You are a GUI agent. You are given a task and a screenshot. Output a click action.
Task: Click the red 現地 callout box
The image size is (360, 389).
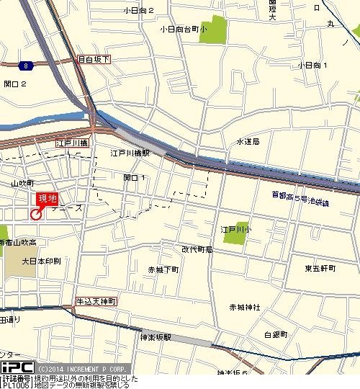pos(48,199)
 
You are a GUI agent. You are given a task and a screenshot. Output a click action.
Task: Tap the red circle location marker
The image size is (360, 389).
pos(36,214)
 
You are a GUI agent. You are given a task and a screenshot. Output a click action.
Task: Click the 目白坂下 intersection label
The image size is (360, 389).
pos(93,61)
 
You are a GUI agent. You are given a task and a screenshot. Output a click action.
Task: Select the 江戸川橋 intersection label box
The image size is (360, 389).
pos(72,144)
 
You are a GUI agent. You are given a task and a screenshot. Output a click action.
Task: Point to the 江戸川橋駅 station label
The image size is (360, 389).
pos(130,153)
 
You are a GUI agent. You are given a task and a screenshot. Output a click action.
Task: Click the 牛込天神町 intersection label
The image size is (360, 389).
pos(96,300)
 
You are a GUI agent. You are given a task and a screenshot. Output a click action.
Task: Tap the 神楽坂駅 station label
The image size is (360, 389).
pos(161,335)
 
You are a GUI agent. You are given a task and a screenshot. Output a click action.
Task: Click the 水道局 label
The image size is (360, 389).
pos(248,142)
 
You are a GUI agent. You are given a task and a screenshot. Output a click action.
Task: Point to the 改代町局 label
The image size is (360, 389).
pos(197,249)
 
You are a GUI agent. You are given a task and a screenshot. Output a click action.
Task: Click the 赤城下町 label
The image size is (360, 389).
pos(163,269)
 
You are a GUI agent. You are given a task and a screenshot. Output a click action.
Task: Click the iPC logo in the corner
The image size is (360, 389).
pos(16,367)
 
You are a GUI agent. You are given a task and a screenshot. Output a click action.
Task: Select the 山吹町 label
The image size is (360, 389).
pos(22,184)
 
